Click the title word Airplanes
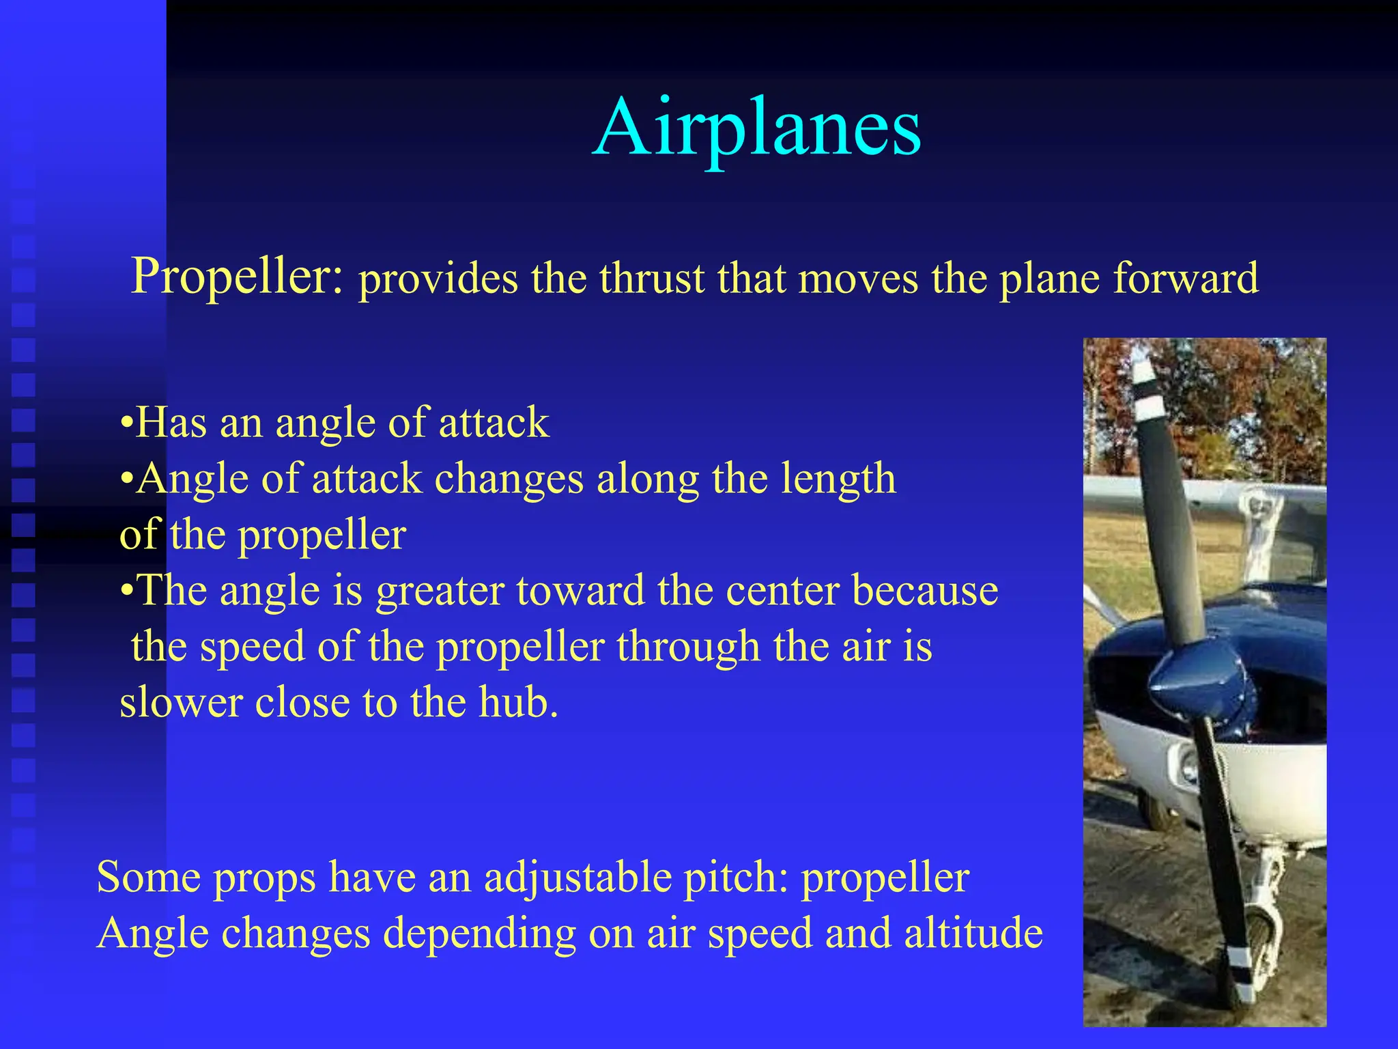coord(756,127)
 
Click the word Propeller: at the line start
coord(238,276)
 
